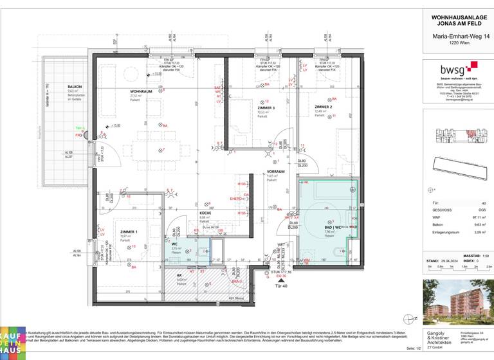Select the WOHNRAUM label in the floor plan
141,91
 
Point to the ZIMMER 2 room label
324,107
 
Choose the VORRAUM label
276,172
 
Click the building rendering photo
455,301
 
